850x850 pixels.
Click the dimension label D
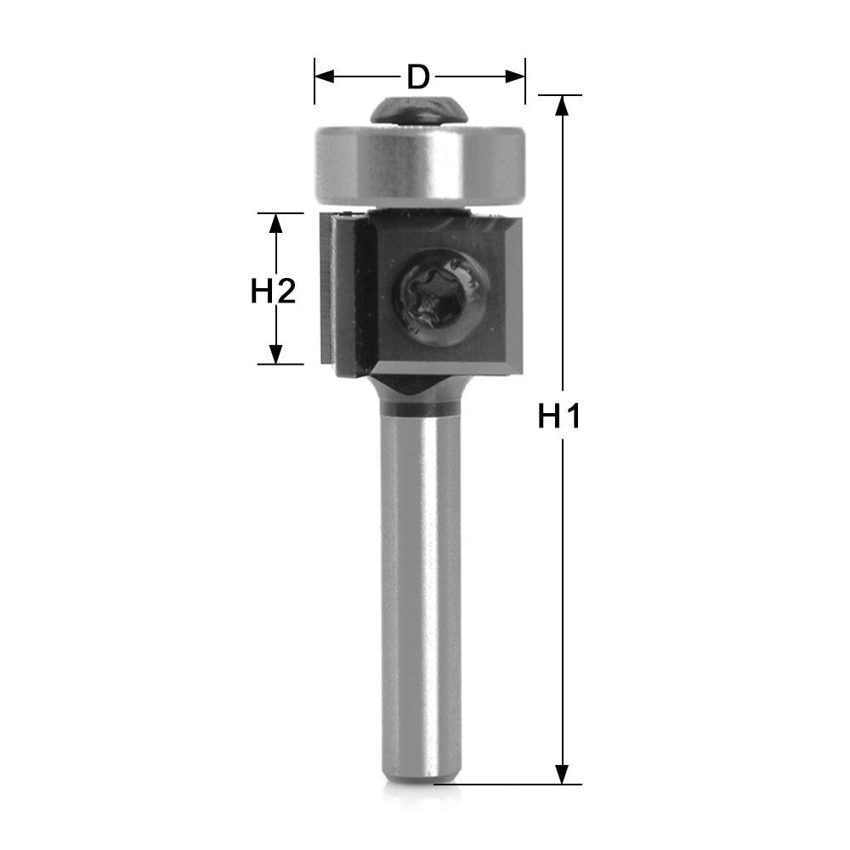[417, 76]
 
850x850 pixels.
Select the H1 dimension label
[559, 416]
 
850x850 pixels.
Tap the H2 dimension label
[273, 292]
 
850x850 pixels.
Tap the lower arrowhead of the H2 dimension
[275, 354]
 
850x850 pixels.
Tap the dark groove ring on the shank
[420, 410]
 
